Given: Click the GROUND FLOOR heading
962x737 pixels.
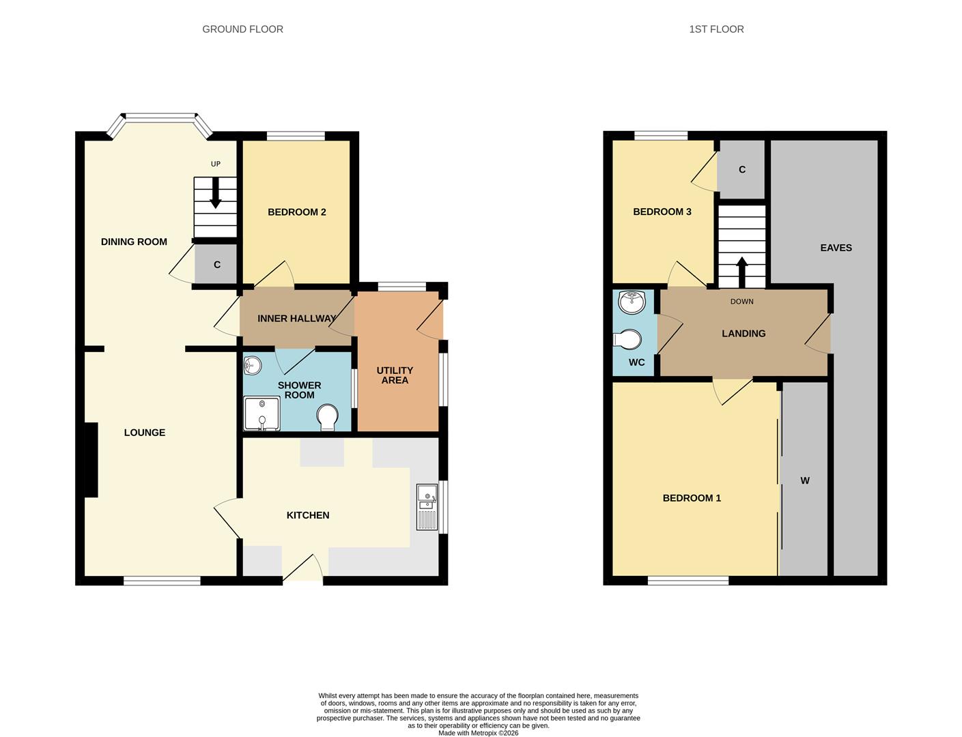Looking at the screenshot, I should [x=242, y=29].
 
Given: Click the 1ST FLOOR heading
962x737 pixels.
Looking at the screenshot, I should [x=716, y=29].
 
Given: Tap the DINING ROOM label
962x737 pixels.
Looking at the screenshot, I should [x=134, y=242].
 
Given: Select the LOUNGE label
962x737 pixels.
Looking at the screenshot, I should [x=145, y=433].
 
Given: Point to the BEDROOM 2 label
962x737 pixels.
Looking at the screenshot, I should [x=296, y=212].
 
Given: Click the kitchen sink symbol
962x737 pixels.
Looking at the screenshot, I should [x=427, y=507].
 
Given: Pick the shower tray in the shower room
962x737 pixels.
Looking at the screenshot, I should [x=261, y=414].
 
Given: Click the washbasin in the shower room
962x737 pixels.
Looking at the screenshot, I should [x=252, y=366].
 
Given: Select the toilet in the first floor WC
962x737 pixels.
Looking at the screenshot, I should [x=628, y=339].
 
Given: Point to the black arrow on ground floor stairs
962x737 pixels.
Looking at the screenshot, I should [x=216, y=192].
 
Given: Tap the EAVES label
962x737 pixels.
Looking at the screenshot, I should [x=836, y=248].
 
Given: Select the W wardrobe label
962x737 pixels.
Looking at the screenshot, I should [x=805, y=481].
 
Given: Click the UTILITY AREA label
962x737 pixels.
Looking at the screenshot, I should [x=395, y=375].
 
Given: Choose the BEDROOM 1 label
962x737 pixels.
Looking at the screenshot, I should [x=692, y=498].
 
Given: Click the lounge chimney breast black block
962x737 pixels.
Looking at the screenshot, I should [x=91, y=459].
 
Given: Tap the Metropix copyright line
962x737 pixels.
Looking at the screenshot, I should [x=478, y=733].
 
